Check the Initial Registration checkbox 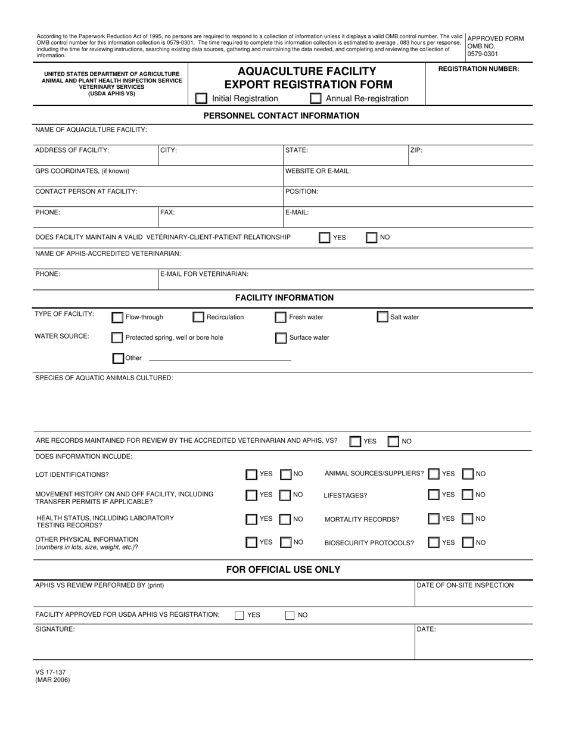[202, 98]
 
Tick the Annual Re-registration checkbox [316, 98]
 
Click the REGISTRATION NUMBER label [478, 69]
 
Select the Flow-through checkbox [118, 318]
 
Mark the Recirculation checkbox [198, 318]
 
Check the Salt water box [382, 317]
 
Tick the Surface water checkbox [281, 338]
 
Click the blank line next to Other [219, 360]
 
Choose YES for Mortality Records [434, 519]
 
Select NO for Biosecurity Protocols [468, 542]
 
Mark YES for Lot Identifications [251, 474]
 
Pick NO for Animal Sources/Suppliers [468, 474]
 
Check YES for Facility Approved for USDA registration [240, 615]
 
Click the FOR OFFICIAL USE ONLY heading [283, 570]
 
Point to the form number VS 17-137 [51, 672]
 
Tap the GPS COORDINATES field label [82, 171]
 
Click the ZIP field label [416, 150]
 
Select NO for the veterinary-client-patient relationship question [371, 238]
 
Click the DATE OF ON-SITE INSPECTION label [465, 585]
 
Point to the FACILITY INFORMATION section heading [284, 297]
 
